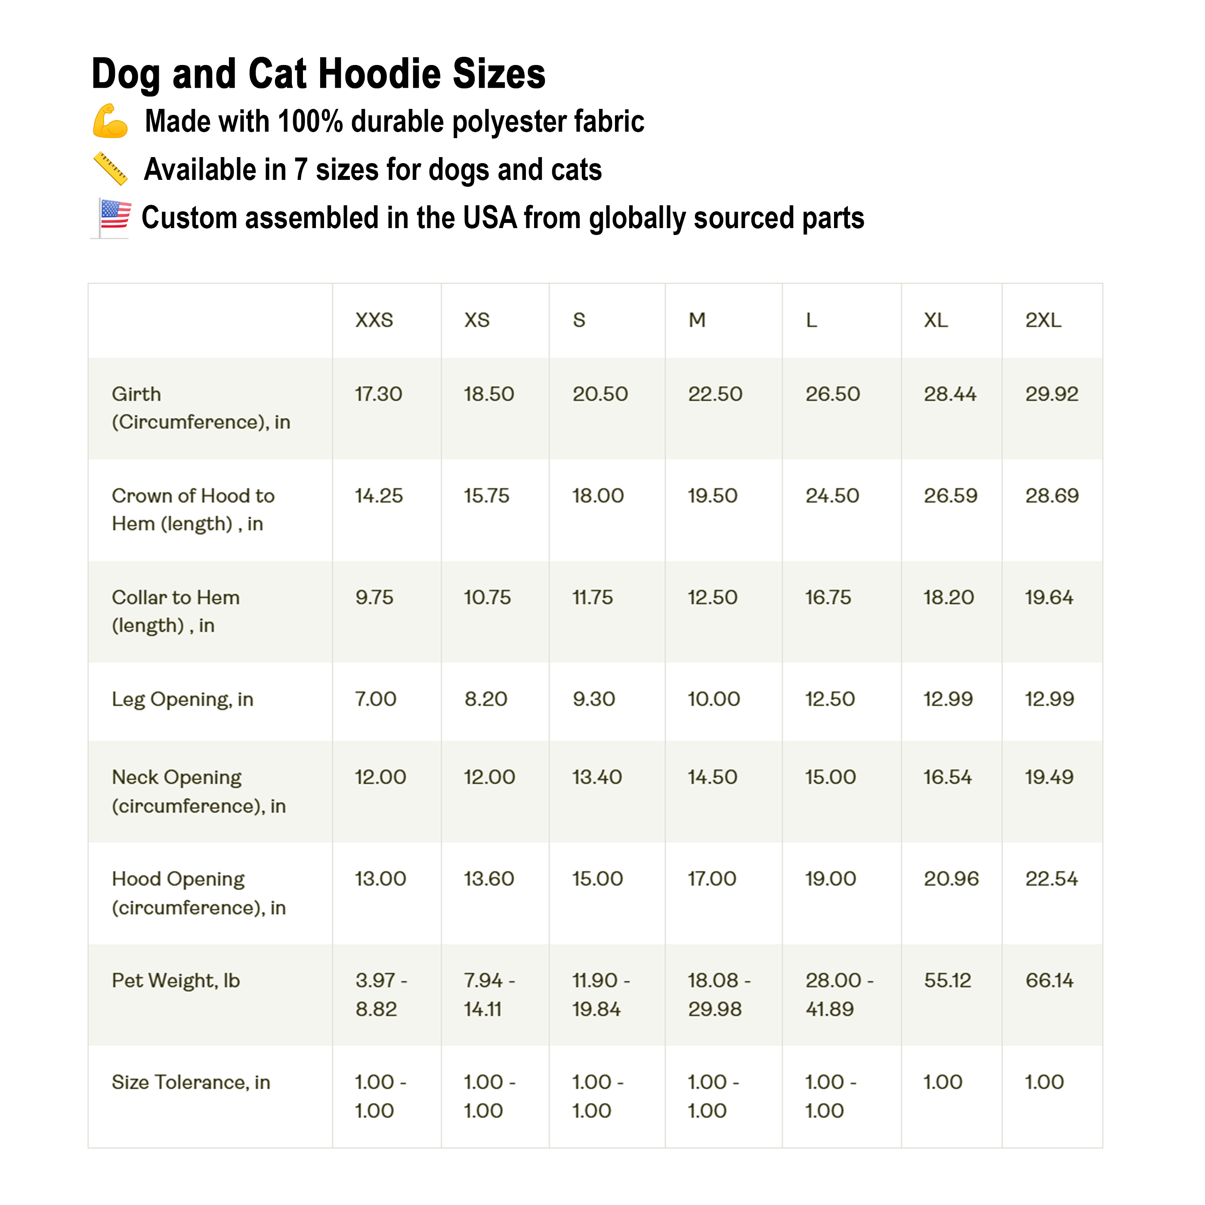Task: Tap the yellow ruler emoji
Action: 111,169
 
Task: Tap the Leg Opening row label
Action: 182,699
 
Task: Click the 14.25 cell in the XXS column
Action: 379,496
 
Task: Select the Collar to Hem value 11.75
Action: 593,597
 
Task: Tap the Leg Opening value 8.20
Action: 485,699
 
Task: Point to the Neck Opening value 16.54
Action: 947,777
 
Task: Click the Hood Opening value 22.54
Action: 1051,879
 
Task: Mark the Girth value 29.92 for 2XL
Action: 1051,394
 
